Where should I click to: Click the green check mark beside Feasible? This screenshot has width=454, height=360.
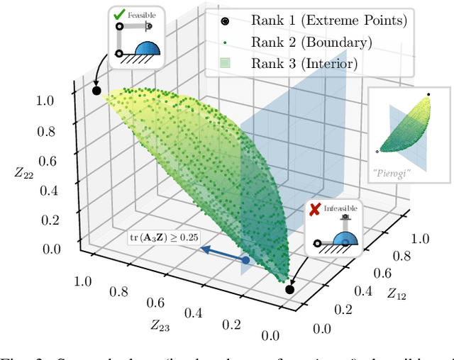pos(119,14)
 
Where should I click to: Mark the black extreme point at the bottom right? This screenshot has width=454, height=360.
pos(289,289)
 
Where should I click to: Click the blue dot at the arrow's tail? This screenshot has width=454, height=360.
pos(245,261)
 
